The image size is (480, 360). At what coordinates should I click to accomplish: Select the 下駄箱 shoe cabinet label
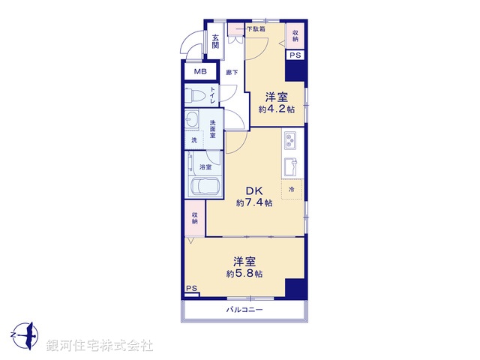[255, 29]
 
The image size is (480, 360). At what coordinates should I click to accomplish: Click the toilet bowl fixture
[196, 95]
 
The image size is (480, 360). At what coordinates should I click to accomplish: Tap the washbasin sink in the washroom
[193, 121]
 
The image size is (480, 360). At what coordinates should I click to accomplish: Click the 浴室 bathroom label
[204, 167]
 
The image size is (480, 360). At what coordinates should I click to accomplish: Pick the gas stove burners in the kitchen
[291, 140]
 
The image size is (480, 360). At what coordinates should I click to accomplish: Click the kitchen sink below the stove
[291, 165]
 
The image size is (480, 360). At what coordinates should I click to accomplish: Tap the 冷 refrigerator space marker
[292, 190]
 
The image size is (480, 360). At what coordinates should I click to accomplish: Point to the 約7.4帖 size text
[253, 203]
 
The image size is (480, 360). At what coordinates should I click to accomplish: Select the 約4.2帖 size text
[276, 109]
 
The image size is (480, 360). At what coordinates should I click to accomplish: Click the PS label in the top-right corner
[295, 55]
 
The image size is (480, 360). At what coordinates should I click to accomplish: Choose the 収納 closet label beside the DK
[194, 217]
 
